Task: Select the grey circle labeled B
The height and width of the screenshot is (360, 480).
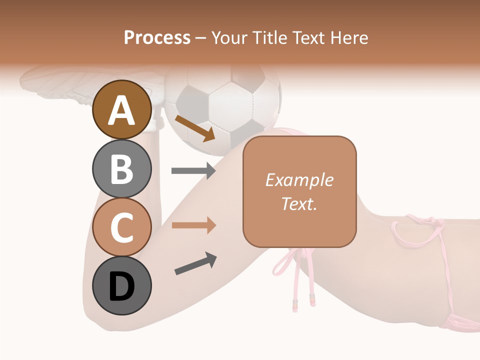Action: tap(122, 168)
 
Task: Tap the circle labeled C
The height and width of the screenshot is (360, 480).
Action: tap(122, 227)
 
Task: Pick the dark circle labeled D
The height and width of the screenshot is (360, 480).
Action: tap(122, 286)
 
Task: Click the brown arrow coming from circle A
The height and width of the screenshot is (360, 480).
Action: tap(195, 128)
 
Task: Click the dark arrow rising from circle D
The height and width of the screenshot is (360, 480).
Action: tap(195, 263)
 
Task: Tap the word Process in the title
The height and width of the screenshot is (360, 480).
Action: tap(157, 37)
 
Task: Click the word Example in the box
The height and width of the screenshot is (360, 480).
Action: tap(299, 180)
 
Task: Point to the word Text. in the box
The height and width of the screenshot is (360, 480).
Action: tap(299, 203)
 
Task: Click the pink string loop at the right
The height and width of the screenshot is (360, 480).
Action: tap(417, 232)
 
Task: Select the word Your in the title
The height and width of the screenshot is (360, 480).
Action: tap(229, 37)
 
